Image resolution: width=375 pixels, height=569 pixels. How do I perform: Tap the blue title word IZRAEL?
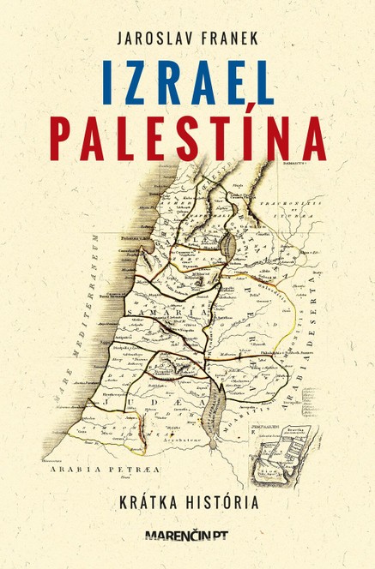click(x=186, y=82)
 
